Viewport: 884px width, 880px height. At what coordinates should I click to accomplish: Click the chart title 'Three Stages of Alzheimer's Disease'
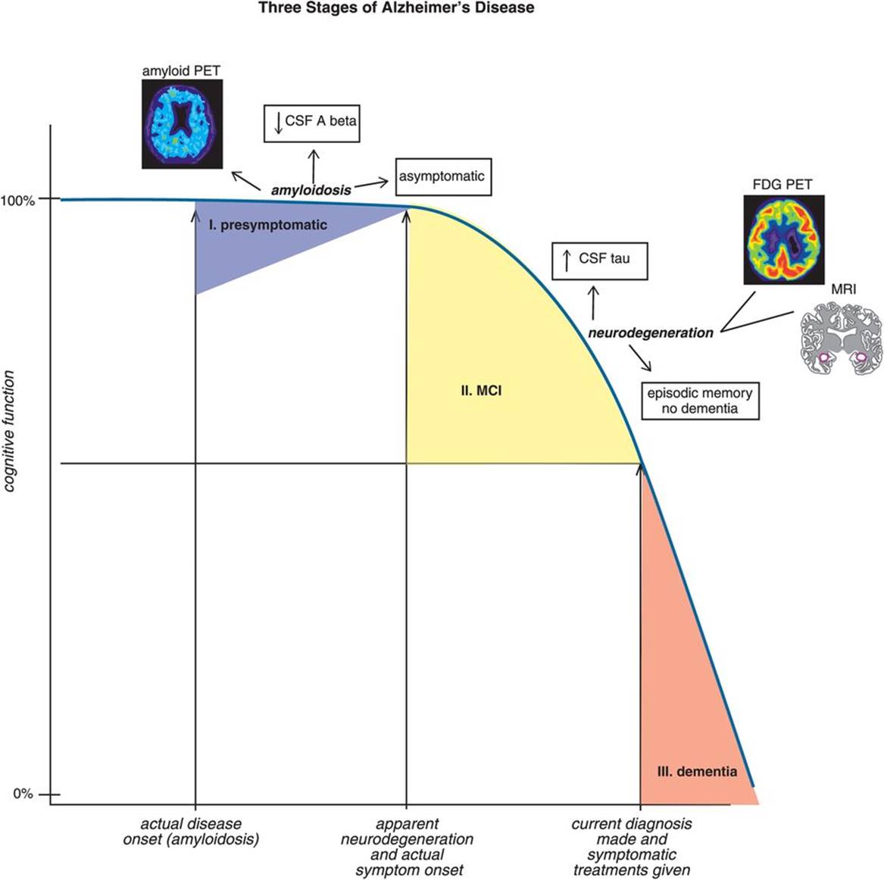[x=396, y=8]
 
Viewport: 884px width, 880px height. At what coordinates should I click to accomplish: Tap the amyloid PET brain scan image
[x=182, y=123]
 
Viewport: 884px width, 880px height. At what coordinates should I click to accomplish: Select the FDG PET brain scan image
[x=783, y=239]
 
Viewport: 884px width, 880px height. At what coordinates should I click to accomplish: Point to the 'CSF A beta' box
[x=311, y=122]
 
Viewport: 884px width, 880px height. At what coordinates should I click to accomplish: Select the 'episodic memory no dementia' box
[x=699, y=401]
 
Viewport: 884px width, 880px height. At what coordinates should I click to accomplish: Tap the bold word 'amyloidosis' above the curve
[x=311, y=191]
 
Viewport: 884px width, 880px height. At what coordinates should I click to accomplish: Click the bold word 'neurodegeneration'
[x=651, y=332]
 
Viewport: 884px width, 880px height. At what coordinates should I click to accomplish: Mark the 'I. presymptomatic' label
[x=268, y=225]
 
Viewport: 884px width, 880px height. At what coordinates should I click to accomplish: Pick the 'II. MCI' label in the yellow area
[x=482, y=392]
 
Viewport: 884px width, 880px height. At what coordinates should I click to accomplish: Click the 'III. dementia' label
[x=696, y=772]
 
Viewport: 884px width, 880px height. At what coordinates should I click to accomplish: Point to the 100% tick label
[x=18, y=201]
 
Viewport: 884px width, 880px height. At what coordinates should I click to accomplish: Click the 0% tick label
[x=23, y=794]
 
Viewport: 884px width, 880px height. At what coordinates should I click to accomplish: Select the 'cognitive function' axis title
[x=10, y=431]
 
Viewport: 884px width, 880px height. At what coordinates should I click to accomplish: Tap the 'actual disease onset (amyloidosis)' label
[x=191, y=832]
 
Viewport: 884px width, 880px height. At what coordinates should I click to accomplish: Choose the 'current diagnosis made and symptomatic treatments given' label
[x=631, y=847]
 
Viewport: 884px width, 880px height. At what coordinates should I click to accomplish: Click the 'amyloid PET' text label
[x=181, y=71]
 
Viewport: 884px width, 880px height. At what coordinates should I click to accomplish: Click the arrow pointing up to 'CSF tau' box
[x=594, y=301]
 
